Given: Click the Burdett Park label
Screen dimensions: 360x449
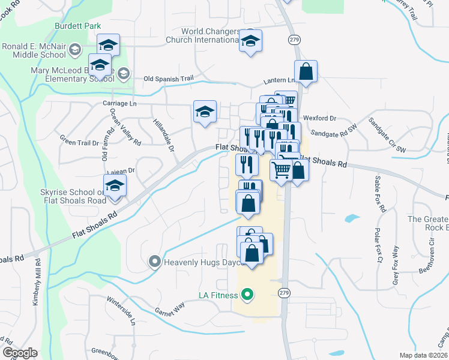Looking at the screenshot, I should click(x=77, y=26).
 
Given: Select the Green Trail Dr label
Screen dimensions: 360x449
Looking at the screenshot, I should click(x=79, y=143).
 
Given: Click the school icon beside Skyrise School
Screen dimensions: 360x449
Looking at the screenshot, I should click(x=115, y=185).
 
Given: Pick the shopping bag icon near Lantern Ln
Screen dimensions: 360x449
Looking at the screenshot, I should click(x=306, y=71).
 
